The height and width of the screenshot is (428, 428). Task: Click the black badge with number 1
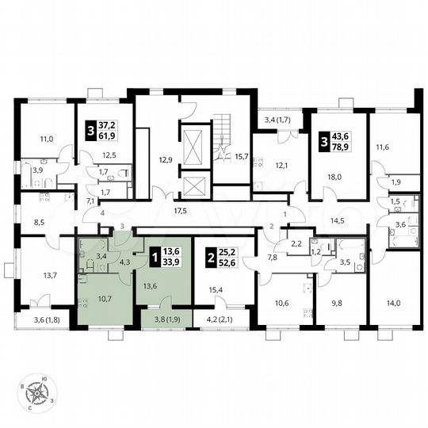pos(153,257)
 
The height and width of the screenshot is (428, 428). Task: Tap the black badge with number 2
pos(209,257)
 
